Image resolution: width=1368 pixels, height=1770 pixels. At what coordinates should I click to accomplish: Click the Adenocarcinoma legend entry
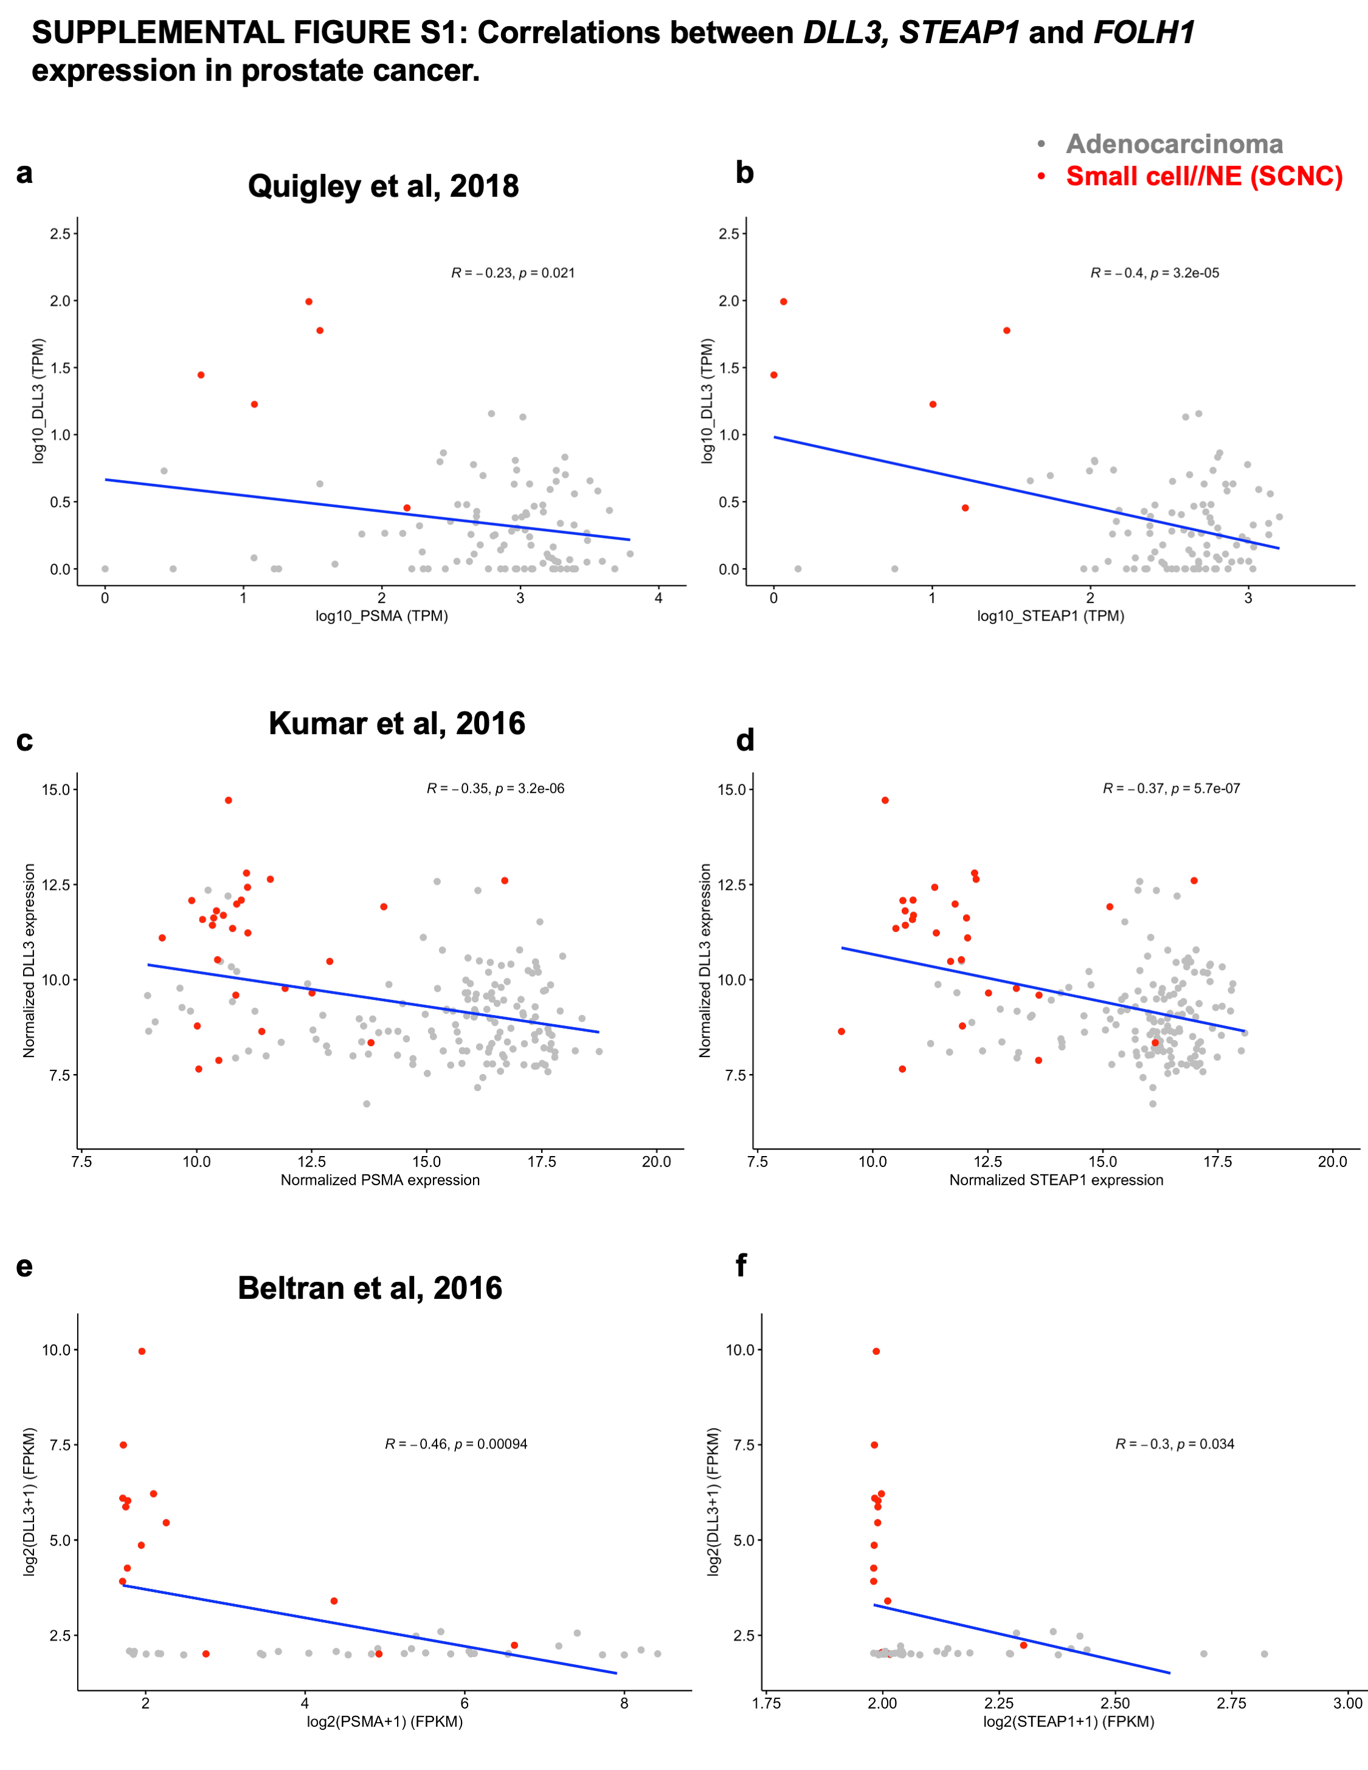point(1173,144)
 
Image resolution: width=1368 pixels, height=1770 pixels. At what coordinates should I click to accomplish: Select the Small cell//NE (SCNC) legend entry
point(1203,176)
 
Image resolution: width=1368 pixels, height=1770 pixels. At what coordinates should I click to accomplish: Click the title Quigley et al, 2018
point(383,187)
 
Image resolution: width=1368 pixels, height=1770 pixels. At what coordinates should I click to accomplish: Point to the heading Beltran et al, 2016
point(370,1288)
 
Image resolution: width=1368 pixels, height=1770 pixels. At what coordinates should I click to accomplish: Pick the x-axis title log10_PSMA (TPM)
point(382,616)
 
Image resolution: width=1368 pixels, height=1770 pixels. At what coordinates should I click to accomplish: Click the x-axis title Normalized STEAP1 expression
point(1056,1180)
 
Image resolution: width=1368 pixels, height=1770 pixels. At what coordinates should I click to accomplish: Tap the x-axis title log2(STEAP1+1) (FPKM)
point(1068,1721)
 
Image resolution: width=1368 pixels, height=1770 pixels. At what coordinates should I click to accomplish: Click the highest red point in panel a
point(309,301)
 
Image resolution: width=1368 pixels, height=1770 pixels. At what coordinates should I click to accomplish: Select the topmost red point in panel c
point(229,800)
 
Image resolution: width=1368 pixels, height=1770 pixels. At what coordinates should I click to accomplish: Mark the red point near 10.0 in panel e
point(142,1351)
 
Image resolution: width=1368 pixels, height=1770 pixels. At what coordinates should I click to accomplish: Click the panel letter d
point(745,739)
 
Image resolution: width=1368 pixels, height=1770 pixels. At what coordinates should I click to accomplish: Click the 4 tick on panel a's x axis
point(658,598)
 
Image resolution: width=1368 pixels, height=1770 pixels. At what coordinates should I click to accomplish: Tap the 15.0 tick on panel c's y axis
point(56,790)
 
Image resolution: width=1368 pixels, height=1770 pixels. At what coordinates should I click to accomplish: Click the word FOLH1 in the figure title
point(1144,32)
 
